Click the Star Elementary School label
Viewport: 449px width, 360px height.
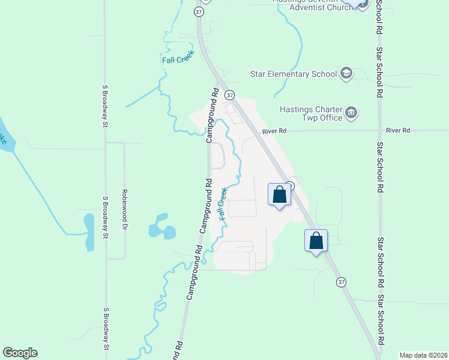(x=293, y=74)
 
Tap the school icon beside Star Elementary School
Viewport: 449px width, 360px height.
(x=346, y=74)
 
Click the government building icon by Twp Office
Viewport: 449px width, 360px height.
(x=352, y=112)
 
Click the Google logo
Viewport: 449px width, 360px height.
(x=20, y=353)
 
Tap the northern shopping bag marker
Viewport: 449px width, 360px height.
(x=279, y=195)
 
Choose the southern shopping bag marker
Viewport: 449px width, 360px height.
(x=316, y=241)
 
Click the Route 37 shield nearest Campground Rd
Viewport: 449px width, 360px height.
(x=229, y=95)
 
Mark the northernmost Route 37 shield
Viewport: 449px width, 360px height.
(x=199, y=11)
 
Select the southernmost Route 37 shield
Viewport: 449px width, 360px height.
(x=342, y=282)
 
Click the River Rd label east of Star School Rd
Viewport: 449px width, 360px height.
(x=397, y=130)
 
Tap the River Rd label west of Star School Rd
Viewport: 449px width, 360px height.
(x=274, y=131)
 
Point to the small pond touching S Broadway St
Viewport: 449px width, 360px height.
(x=89, y=232)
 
